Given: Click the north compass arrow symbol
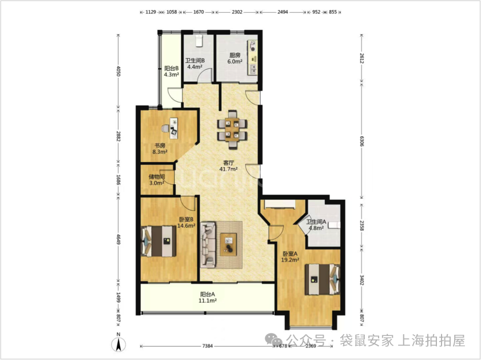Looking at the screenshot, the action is coord(118,344).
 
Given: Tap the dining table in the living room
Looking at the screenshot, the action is coord(232,129).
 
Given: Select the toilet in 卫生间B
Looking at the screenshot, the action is coord(200,41).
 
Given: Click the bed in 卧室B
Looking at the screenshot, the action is coord(158,241).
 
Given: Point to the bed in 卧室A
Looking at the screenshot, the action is coord(323,279).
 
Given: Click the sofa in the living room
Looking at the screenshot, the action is coord(208,245).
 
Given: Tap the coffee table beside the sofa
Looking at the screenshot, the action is coord(228,244).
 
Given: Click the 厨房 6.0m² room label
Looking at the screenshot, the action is coord(234,58).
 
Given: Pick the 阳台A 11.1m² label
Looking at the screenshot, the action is coord(208,298).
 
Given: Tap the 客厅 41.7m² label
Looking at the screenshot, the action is coord(229,166).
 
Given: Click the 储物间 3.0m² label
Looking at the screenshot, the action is coord(157,180).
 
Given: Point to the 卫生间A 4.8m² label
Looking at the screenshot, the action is coord(316,225).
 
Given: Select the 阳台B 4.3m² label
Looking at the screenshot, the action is coord(171,72).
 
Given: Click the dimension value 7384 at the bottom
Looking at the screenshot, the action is coord(208,346).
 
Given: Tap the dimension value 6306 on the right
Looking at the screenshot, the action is coord(362,141).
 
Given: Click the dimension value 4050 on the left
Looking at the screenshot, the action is coord(118,72).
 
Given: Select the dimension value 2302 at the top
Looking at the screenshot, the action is coord(237,12).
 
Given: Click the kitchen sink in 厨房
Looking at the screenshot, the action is coord(253,69).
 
